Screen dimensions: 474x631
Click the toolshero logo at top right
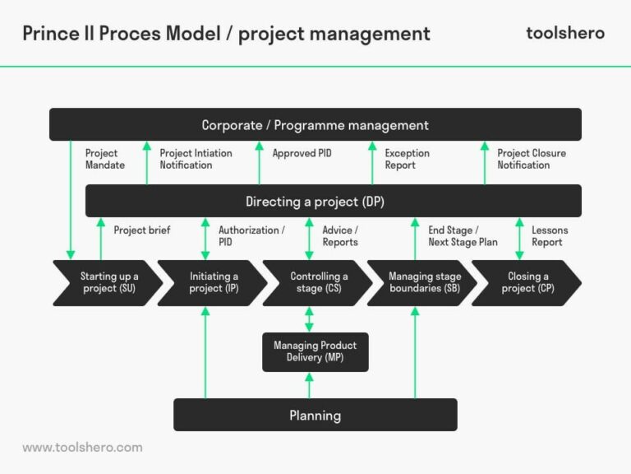click(564, 33)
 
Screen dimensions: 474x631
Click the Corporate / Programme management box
click(315, 125)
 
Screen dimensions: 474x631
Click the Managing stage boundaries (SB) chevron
click(421, 282)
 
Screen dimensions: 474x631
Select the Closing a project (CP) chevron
click(527, 282)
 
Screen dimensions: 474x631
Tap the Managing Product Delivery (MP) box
click(315, 351)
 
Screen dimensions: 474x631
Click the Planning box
click(315, 415)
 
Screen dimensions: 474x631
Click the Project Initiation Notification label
click(196, 159)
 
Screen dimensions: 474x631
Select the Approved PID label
click(302, 153)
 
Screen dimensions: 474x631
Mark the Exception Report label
click(407, 159)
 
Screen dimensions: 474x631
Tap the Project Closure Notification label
click(531, 159)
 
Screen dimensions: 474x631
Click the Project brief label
click(141, 230)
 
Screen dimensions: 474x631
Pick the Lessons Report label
click(549, 236)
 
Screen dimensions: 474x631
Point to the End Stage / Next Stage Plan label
click(463, 236)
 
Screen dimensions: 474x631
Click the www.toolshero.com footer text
click(82, 448)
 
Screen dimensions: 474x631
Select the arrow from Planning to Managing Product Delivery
click(310, 385)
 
